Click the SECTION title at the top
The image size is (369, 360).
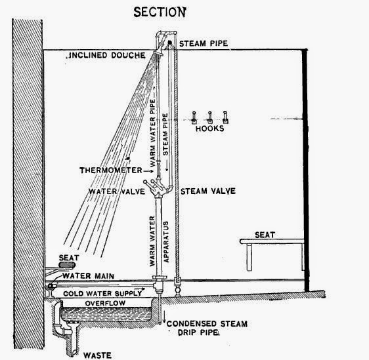(160, 12)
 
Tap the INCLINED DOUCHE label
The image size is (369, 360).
(106, 55)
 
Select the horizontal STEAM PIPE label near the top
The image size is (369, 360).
(204, 43)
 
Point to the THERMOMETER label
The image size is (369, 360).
(111, 170)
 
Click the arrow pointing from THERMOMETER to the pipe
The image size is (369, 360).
(148, 171)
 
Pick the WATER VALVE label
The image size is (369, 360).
(117, 191)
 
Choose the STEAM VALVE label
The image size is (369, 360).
(208, 191)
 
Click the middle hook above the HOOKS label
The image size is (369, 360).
(210, 117)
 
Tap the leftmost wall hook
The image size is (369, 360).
(194, 117)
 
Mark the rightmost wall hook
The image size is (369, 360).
(225, 117)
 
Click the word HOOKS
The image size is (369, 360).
(209, 129)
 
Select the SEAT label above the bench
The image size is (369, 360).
(265, 235)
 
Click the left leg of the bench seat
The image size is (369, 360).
(250, 257)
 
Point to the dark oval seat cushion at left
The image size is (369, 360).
(67, 265)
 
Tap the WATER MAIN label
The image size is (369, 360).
(88, 275)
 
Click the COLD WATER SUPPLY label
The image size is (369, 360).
(102, 294)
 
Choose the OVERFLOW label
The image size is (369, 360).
(105, 304)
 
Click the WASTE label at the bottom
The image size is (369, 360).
(97, 355)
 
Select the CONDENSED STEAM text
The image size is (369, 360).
(207, 324)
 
